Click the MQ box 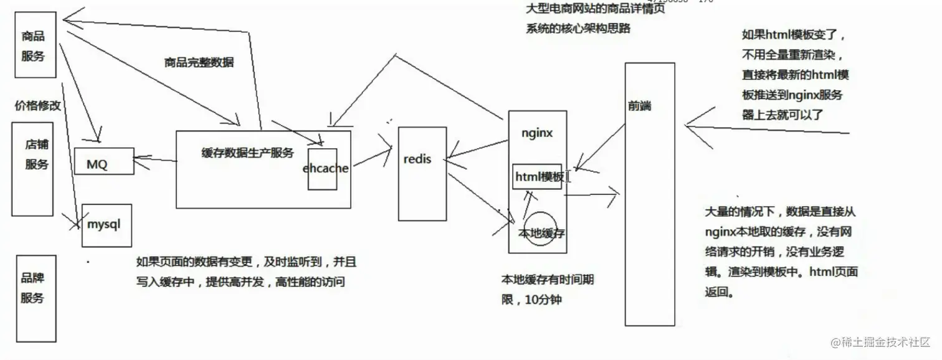pyautogui.click(x=104, y=161)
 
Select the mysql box pyautogui.click(x=107, y=225)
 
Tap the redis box pyautogui.click(x=422, y=173)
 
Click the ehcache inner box pyautogui.click(x=322, y=169)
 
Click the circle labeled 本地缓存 pyautogui.click(x=540, y=229)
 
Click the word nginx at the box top pyautogui.click(x=537, y=133)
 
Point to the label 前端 pyautogui.click(x=640, y=106)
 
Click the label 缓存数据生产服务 pyautogui.click(x=247, y=153)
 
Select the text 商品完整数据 pyautogui.click(x=199, y=62)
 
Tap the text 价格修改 pyautogui.click(x=38, y=105)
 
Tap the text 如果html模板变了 pyautogui.click(x=793, y=35)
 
